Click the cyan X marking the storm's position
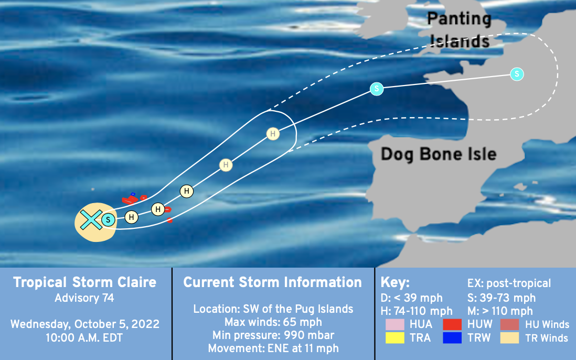(x=91, y=220)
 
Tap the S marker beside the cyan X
(x=108, y=220)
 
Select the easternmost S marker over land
(x=517, y=74)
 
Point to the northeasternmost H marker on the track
(x=273, y=134)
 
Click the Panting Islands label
(x=459, y=30)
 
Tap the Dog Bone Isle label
(x=439, y=154)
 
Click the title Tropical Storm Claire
(x=85, y=282)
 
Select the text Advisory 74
(x=84, y=298)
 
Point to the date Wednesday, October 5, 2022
(x=85, y=324)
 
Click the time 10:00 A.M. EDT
(x=84, y=338)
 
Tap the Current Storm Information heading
(x=273, y=282)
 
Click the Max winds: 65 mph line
(x=273, y=322)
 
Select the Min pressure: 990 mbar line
(x=273, y=335)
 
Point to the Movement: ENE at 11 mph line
(x=273, y=348)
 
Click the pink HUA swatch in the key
(x=395, y=324)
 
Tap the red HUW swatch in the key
(x=452, y=324)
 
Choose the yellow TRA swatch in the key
(x=395, y=337)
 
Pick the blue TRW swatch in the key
(x=452, y=337)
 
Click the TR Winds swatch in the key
(x=509, y=337)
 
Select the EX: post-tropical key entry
(x=509, y=283)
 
